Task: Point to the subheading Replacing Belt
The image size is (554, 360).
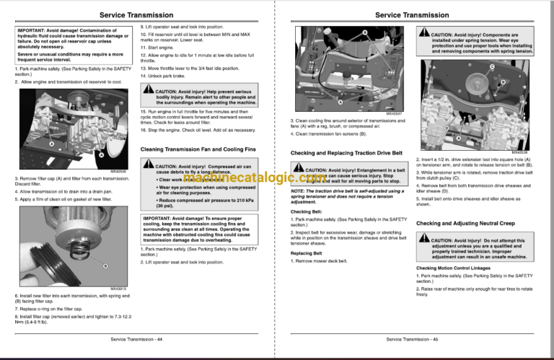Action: pos(306,253)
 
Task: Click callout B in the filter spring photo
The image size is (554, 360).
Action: pos(105,266)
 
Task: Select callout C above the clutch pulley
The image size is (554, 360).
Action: pos(491,67)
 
